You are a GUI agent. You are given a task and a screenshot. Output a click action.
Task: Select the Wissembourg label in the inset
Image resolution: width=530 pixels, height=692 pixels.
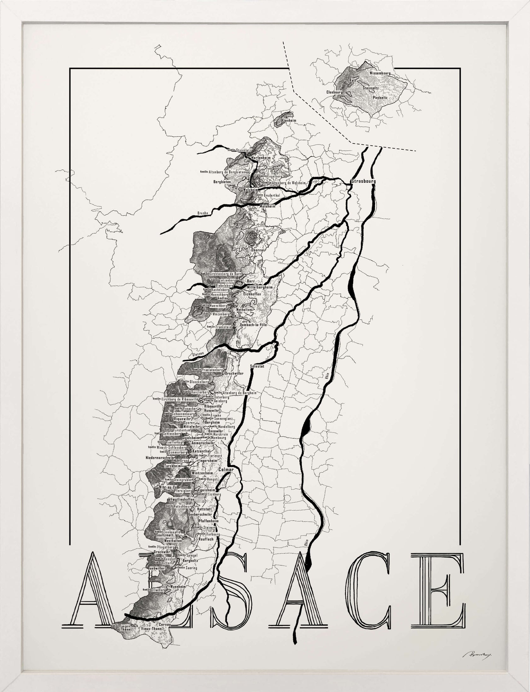(380, 73)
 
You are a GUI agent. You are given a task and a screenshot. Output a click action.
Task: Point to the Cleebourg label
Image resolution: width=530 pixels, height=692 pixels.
(334, 92)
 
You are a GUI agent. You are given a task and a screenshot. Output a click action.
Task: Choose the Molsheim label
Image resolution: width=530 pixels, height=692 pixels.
(267, 206)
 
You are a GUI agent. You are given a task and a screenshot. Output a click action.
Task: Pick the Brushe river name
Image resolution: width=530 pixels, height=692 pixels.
(203, 213)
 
